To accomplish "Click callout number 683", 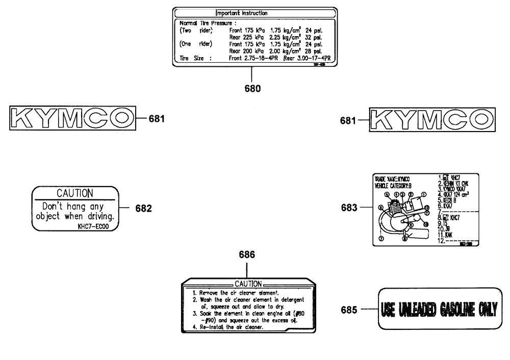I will coord(350,208).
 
